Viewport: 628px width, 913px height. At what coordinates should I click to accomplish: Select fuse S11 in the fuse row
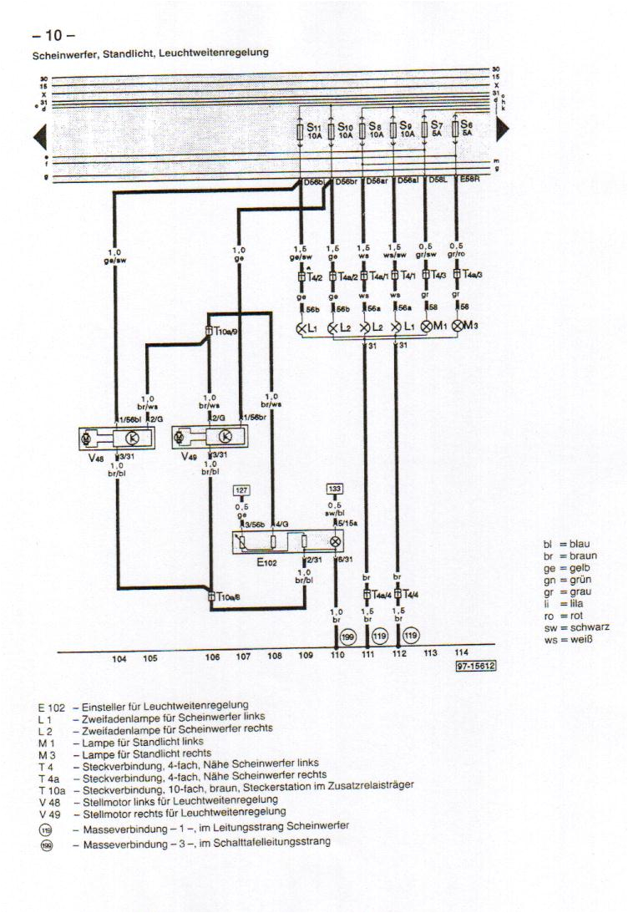pyautogui.click(x=301, y=130)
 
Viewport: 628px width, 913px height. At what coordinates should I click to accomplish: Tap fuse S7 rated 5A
pyautogui.click(x=425, y=130)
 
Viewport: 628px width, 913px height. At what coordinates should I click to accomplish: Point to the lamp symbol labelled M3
pyautogui.click(x=457, y=327)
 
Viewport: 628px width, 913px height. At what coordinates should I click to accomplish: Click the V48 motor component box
pyautogui.click(x=117, y=438)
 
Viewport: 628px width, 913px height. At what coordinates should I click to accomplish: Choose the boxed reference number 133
pyautogui.click(x=335, y=489)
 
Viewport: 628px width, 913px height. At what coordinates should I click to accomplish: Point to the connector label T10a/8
pyautogui.click(x=225, y=597)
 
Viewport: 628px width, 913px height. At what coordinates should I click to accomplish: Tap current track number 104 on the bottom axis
pyautogui.click(x=119, y=657)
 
